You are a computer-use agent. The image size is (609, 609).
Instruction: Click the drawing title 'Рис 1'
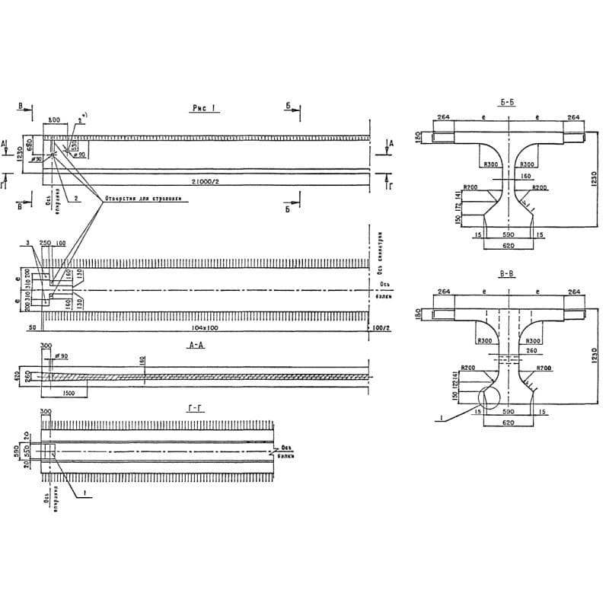[x=204, y=110]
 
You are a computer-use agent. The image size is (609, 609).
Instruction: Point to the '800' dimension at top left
[x=54, y=120]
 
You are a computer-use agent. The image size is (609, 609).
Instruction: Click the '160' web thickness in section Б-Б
[x=525, y=177]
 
